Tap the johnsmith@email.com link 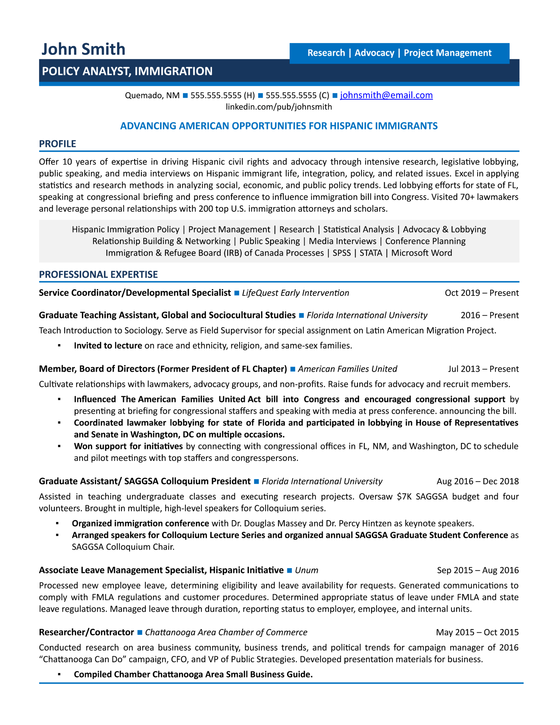(386, 95)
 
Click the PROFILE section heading (57, 144)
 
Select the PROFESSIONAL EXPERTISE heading (98, 274)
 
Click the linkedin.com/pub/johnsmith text (279, 107)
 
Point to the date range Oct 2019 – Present (481, 293)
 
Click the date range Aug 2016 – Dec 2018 (477, 481)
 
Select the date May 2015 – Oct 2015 (477, 632)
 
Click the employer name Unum (306, 570)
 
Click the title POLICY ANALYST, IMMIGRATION (127, 71)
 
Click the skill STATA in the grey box (371, 253)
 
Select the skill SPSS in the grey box (341, 253)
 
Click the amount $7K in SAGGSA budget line (404, 497)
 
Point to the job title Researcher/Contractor (86, 632)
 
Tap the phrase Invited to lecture (108, 346)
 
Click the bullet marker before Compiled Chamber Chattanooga (59, 674)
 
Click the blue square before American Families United (293, 369)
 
